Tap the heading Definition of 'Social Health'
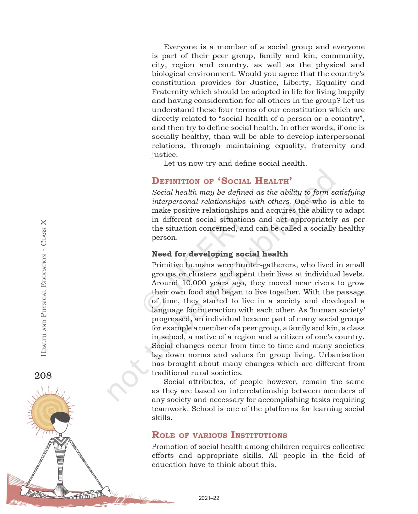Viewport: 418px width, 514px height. pos(221,181)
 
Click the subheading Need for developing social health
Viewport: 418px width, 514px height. pos(220,254)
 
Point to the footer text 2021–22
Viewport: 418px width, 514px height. pos(209,498)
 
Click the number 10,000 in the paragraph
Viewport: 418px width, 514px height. pos(194,283)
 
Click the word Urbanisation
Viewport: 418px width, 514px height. pos(341,355)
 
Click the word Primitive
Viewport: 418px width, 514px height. pos(167,265)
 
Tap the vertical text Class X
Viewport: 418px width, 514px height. pos(44,233)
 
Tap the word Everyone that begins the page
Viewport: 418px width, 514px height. pos(180,47)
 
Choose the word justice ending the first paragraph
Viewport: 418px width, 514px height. pos(164,155)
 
